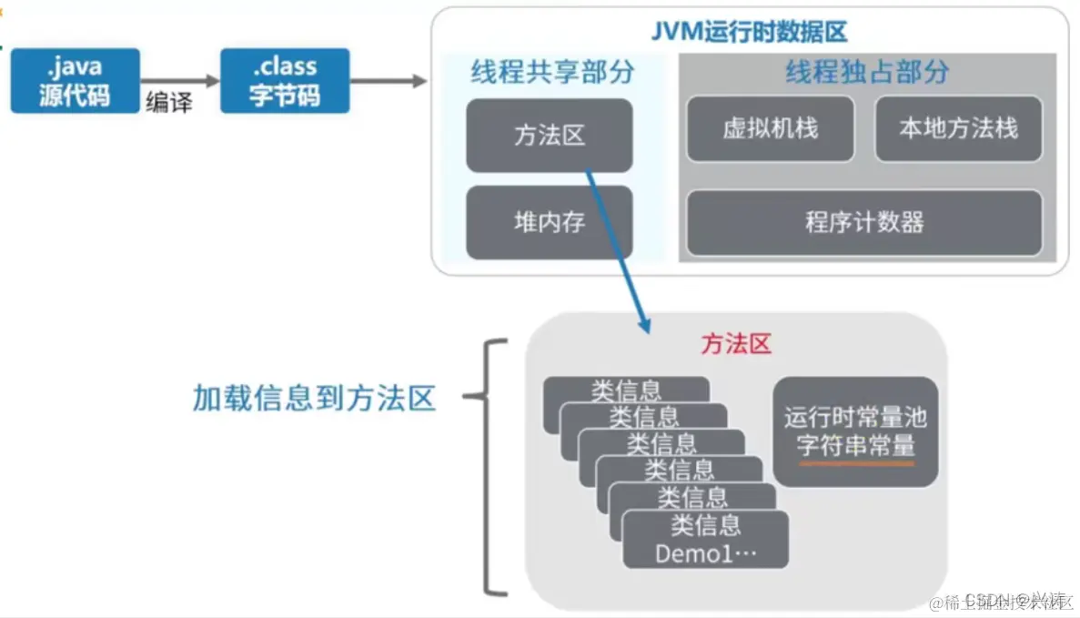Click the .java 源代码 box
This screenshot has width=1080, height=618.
pyautogui.click(x=76, y=81)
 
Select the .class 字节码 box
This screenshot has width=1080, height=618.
pyautogui.click(x=285, y=81)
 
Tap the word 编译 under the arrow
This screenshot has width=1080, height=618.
pyautogui.click(x=169, y=102)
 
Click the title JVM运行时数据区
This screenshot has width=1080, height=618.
pyautogui.click(x=750, y=33)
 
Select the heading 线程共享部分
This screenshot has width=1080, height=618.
pyautogui.click(x=552, y=72)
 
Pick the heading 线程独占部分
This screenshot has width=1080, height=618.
pyautogui.click(x=867, y=72)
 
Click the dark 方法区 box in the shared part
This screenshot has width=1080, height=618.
pyautogui.click(x=549, y=136)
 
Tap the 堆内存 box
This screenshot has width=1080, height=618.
pyautogui.click(x=549, y=222)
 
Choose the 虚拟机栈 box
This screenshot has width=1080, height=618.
pyautogui.click(x=770, y=128)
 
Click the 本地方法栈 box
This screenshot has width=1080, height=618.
pyautogui.click(x=958, y=128)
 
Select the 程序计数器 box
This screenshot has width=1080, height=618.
pyautogui.click(x=864, y=222)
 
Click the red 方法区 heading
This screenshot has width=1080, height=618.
pyautogui.click(x=736, y=344)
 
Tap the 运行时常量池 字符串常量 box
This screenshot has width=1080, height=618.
pyautogui.click(x=855, y=431)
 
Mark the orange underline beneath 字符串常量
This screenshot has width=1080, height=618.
pyautogui.click(x=855, y=463)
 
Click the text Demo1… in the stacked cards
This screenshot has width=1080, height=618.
pyautogui.click(x=706, y=553)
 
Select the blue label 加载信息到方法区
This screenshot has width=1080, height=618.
pyautogui.click(x=314, y=398)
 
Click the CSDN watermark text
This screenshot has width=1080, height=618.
pyautogui.click(x=987, y=600)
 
